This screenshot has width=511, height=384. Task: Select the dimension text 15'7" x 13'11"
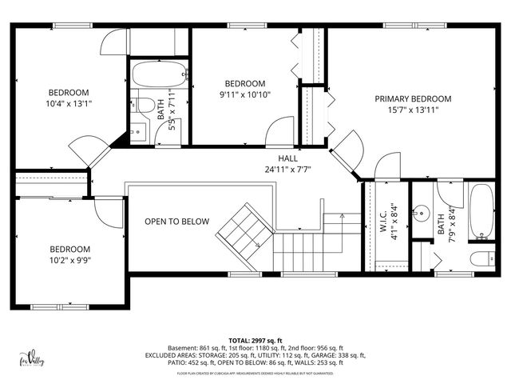click(413, 110)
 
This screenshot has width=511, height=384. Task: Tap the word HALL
click(288, 158)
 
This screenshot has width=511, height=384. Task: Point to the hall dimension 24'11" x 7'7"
click(288, 169)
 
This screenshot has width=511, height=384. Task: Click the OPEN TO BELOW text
click(176, 222)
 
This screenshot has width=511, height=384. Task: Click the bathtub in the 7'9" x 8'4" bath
click(481, 212)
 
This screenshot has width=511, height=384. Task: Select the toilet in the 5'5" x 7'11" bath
click(145, 105)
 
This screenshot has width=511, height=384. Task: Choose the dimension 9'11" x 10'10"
click(244, 94)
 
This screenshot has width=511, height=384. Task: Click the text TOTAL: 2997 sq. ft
click(255, 340)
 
